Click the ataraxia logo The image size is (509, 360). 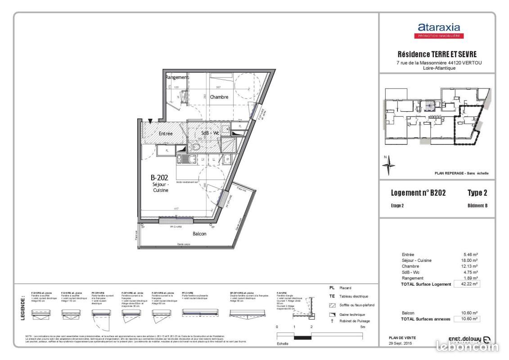439,30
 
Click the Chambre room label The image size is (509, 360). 219,97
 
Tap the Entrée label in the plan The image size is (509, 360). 166,134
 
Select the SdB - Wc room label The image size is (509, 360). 210,133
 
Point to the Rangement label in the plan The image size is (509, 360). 176,77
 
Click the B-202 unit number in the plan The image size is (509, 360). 159,178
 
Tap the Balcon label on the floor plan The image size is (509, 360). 199,234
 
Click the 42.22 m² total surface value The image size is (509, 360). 467,284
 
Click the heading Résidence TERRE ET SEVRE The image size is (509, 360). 437,54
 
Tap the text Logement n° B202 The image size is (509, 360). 419,193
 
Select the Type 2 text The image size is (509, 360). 477,193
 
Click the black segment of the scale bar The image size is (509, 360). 302,337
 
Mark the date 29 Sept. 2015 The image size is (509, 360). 401,343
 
